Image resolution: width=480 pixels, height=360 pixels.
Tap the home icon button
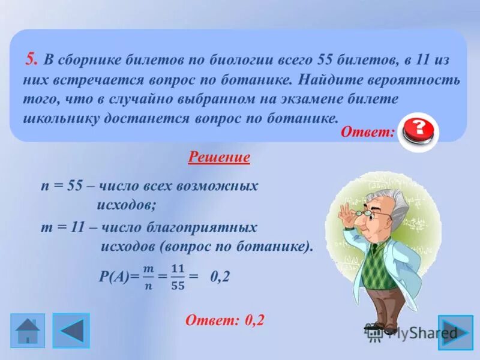pyautogui.click(x=27, y=331)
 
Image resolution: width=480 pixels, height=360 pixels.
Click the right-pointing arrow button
pyautogui.click(x=455, y=332)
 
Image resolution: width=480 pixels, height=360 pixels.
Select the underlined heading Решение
pyautogui.click(x=219, y=158)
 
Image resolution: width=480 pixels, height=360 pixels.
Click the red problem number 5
pyautogui.click(x=32, y=59)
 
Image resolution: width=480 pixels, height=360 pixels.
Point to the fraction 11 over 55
pyautogui.click(x=177, y=276)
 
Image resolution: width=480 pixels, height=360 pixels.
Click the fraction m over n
pyautogui.click(x=148, y=276)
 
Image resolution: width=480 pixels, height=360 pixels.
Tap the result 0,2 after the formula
pyautogui.click(x=220, y=277)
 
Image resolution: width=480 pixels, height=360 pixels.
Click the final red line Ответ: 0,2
pyautogui.click(x=224, y=320)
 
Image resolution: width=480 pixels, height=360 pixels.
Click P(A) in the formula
pyautogui.click(x=118, y=277)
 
